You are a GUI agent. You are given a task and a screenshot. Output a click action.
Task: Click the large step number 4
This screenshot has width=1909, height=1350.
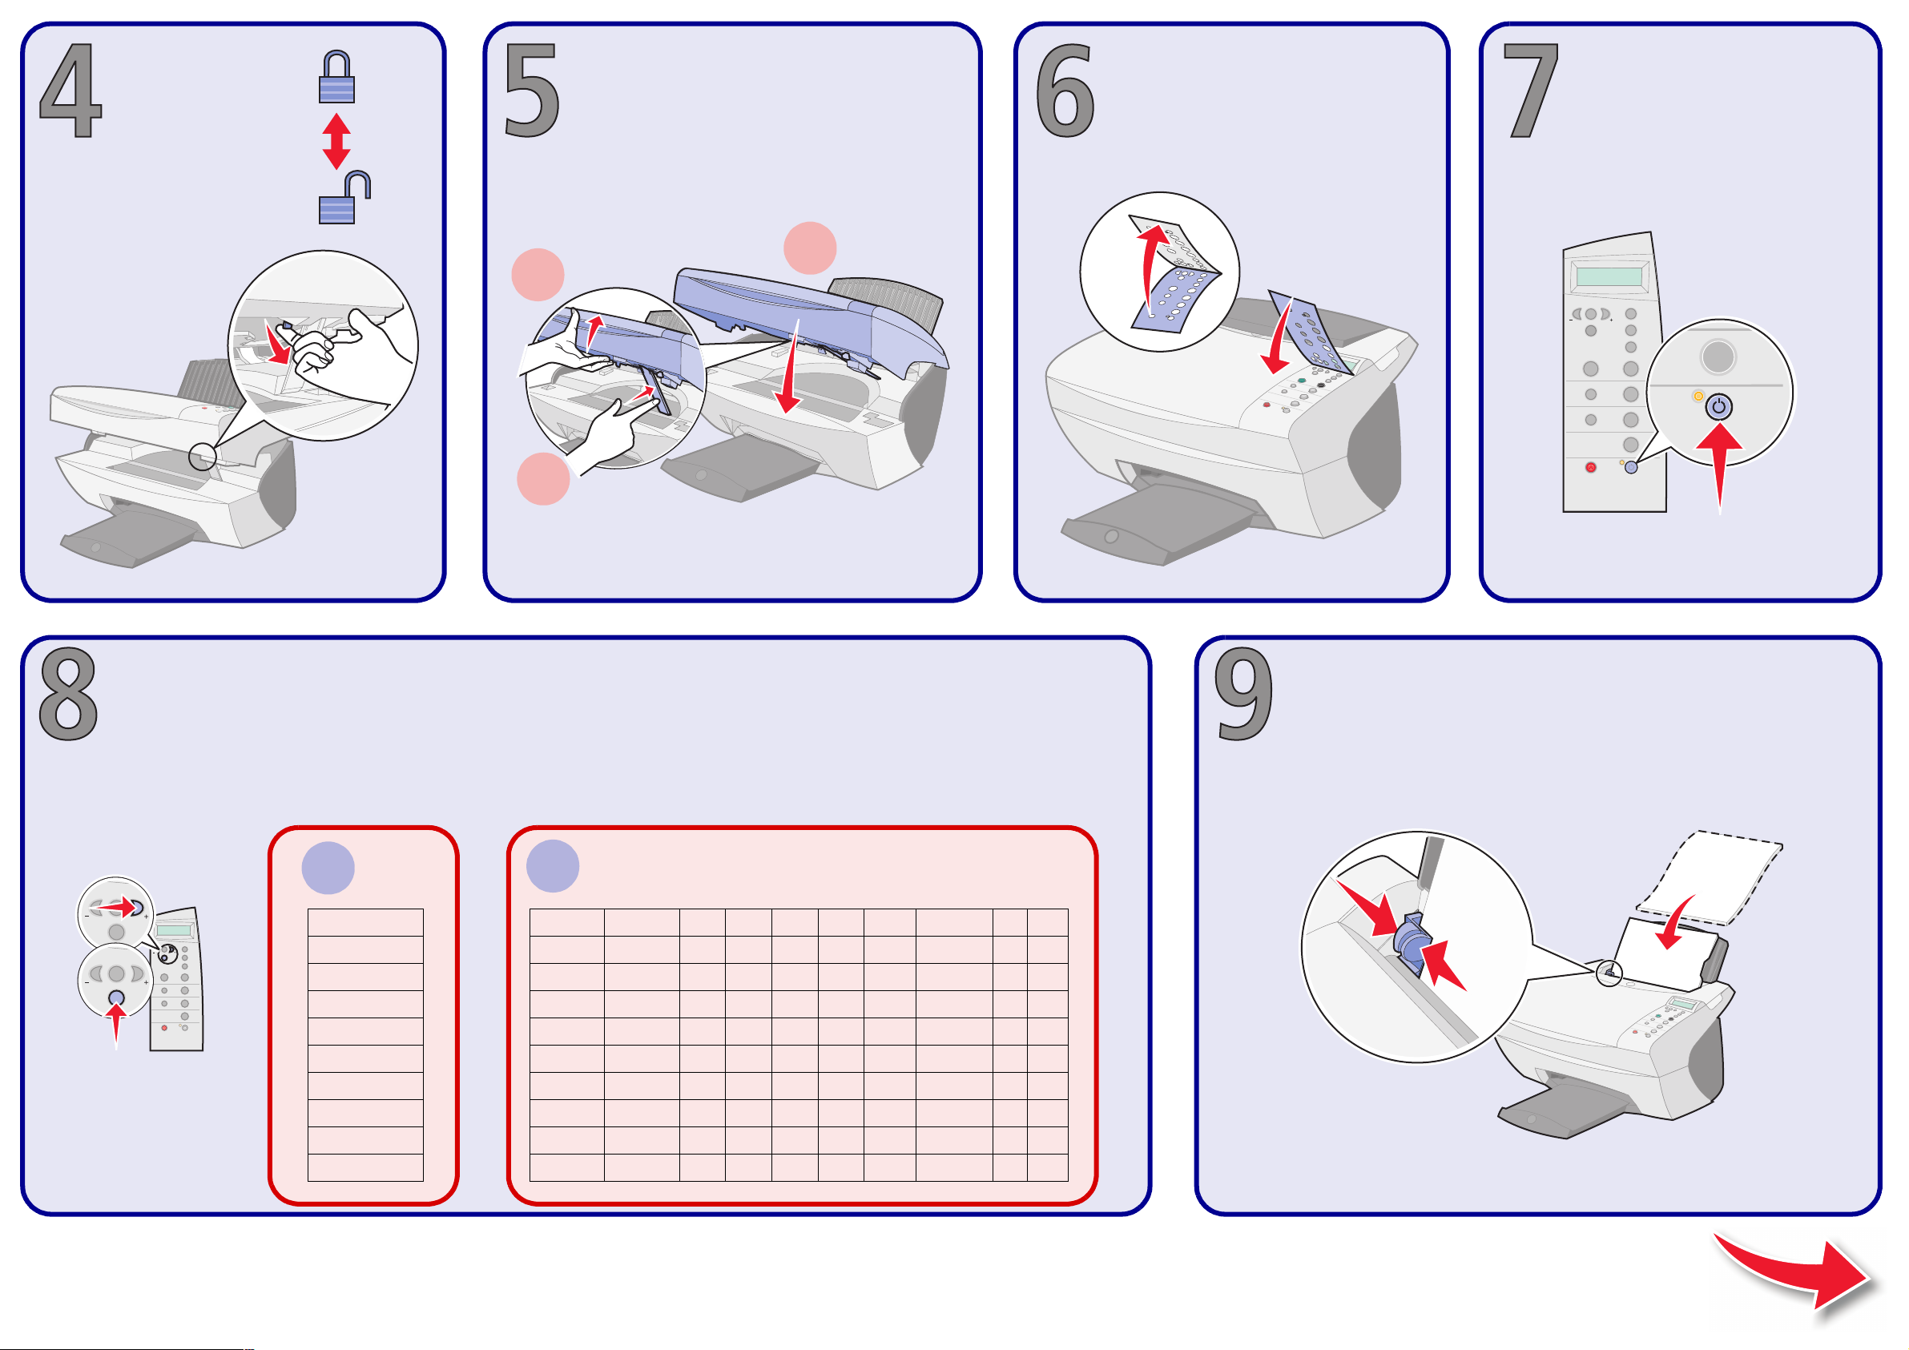(x=70, y=90)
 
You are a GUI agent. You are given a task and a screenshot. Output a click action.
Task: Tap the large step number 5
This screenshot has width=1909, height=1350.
(x=532, y=90)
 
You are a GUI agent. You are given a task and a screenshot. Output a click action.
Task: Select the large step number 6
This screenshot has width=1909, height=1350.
(x=1065, y=90)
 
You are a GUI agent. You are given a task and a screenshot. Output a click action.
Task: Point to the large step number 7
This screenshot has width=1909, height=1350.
(x=1531, y=90)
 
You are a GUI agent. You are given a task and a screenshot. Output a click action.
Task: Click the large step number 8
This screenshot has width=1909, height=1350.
(x=68, y=695)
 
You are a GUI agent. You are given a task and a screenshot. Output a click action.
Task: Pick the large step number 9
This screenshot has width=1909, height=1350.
(x=1244, y=695)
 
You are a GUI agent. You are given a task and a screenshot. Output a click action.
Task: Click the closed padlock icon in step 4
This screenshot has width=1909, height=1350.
(x=336, y=78)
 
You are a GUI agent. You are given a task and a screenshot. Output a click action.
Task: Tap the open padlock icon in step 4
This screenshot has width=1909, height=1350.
(x=344, y=198)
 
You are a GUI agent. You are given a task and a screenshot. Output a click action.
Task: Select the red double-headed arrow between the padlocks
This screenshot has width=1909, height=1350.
(x=336, y=141)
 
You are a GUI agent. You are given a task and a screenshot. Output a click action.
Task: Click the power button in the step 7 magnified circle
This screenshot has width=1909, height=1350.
(x=1718, y=407)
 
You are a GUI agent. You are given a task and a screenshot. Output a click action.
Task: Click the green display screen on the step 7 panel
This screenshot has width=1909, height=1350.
(x=1609, y=276)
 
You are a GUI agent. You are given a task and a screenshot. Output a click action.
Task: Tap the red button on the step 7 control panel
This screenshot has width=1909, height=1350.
(x=1590, y=467)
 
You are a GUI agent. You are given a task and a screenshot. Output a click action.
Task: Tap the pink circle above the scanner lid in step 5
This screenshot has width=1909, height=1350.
(x=810, y=248)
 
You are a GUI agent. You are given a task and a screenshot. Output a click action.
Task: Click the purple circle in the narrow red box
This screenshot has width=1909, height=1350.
(x=328, y=868)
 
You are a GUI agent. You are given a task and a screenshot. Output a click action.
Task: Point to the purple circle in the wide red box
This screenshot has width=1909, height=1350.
(x=553, y=866)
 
